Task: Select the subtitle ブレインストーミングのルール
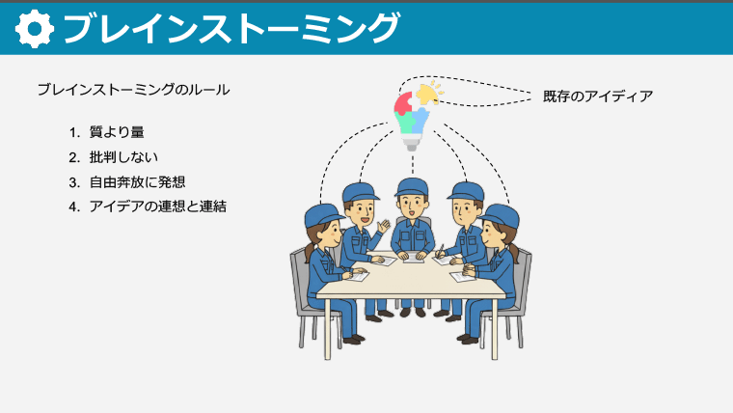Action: (133, 90)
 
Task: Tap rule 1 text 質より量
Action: (117, 131)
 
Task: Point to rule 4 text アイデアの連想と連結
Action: (157, 206)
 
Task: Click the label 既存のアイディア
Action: (598, 96)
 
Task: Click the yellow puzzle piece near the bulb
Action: (427, 94)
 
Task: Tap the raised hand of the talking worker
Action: (385, 226)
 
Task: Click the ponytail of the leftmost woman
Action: (309, 253)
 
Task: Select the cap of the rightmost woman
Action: (501, 213)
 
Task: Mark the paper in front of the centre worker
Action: (413, 257)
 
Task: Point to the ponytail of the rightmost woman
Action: (515, 253)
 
